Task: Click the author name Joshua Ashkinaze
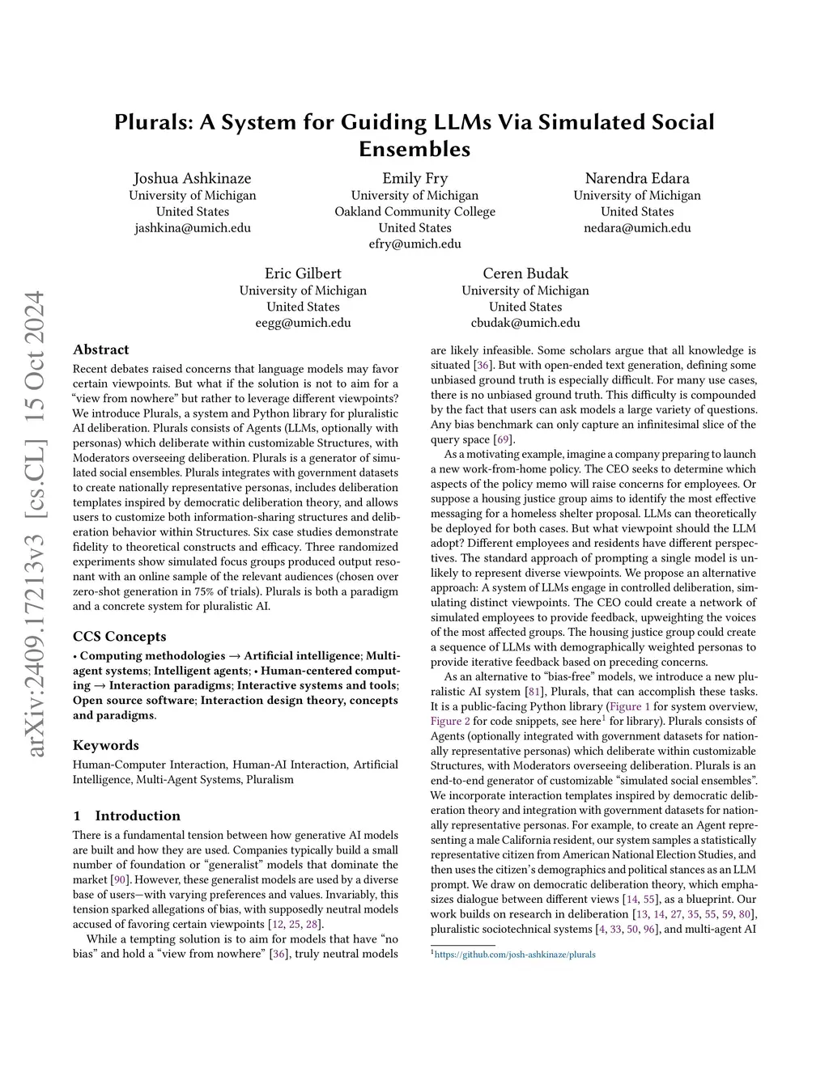coord(192,178)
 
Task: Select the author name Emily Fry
coord(414,178)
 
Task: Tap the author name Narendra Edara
coord(637,178)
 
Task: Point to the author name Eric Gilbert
coord(303,273)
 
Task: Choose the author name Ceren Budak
coord(525,273)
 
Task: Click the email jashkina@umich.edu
coord(192,228)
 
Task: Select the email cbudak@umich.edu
coord(525,323)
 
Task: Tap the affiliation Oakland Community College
coord(414,212)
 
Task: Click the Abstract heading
coord(100,350)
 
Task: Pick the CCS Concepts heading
coord(120,637)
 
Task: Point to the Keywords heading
coord(106,745)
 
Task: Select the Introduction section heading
coord(138,816)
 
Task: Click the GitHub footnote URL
coord(515,955)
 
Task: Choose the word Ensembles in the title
coord(414,149)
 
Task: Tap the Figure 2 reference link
coord(450,721)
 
